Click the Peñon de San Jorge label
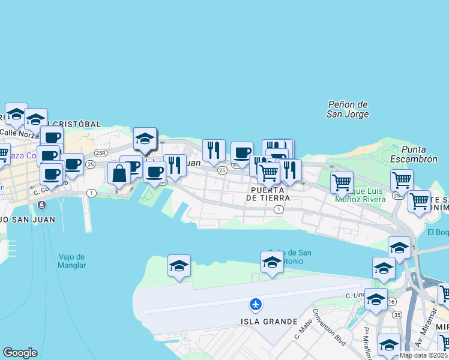point(348,109)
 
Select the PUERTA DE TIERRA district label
point(268,193)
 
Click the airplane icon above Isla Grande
point(256,304)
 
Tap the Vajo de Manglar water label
point(72,261)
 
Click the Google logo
point(20,353)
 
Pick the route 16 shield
point(391,301)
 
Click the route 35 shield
point(397,314)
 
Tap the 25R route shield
point(100,153)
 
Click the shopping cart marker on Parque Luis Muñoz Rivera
point(342,181)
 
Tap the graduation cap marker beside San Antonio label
point(272,262)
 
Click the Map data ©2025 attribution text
point(423,355)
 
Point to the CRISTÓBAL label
point(77,124)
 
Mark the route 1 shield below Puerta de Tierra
point(279,209)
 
